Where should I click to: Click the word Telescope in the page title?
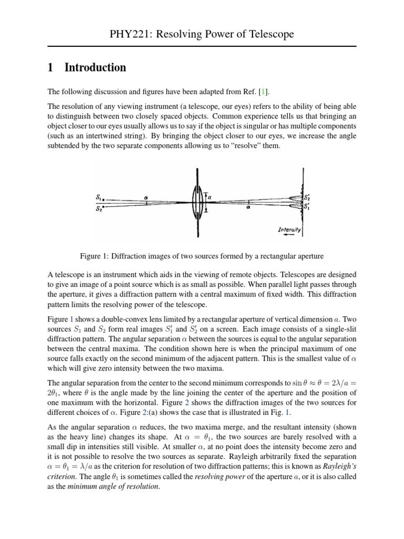(x=265, y=35)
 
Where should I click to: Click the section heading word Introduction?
(x=95, y=67)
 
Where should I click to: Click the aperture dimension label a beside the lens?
(x=210, y=196)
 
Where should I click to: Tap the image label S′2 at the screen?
(x=307, y=197)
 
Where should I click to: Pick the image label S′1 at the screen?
(x=307, y=206)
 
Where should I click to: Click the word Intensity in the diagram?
(x=289, y=231)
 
